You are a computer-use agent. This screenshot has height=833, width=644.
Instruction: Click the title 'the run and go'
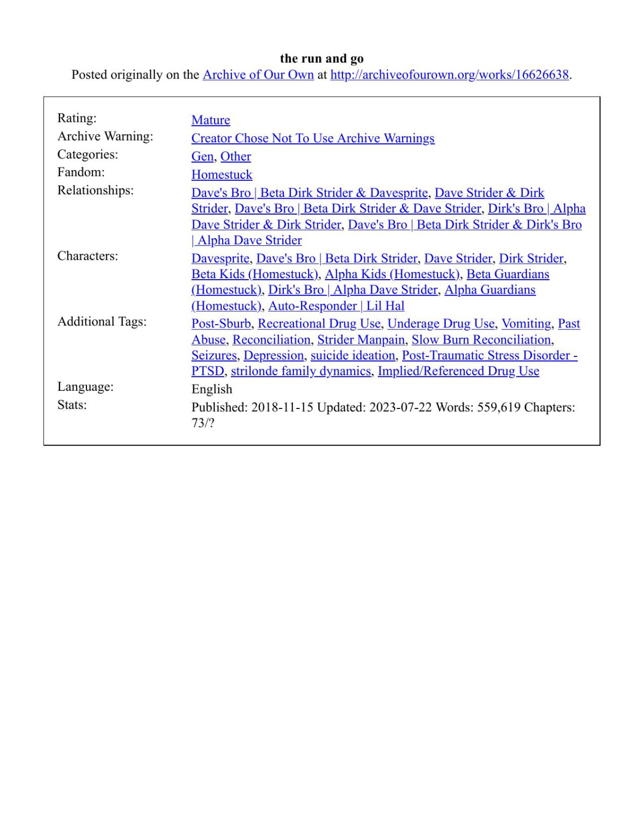point(321,59)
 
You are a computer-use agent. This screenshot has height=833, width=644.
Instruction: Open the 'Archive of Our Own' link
point(258,75)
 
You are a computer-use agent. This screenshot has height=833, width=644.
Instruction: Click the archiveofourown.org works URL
point(449,75)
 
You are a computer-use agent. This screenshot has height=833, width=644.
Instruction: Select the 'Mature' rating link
point(210,120)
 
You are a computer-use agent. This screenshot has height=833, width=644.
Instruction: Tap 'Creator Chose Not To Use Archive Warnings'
point(313,138)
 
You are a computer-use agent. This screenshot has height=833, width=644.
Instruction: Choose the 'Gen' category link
point(202,157)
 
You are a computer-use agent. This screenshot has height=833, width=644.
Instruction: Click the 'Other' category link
point(236,157)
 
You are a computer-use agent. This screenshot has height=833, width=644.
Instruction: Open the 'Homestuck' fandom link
point(222,175)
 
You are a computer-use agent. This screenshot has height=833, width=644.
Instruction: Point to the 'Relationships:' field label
point(96,191)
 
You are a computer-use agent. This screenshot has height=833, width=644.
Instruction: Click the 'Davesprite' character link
point(220,259)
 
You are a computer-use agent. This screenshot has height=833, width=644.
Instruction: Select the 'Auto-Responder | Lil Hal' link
point(336,306)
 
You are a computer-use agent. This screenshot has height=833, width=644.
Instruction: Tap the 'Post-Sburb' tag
point(221,324)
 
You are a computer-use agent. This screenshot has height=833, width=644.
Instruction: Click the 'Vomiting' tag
point(526,324)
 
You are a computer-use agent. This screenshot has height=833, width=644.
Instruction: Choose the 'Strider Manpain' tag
point(361,340)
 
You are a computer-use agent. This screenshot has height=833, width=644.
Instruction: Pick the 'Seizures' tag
point(214,355)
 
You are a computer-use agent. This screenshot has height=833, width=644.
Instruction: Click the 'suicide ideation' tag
point(353,355)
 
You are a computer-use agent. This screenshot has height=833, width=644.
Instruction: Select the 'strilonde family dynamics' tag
point(301,371)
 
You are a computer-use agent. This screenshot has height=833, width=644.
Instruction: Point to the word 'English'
point(212,389)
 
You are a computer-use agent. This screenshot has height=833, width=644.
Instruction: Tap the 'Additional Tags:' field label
point(102,321)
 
